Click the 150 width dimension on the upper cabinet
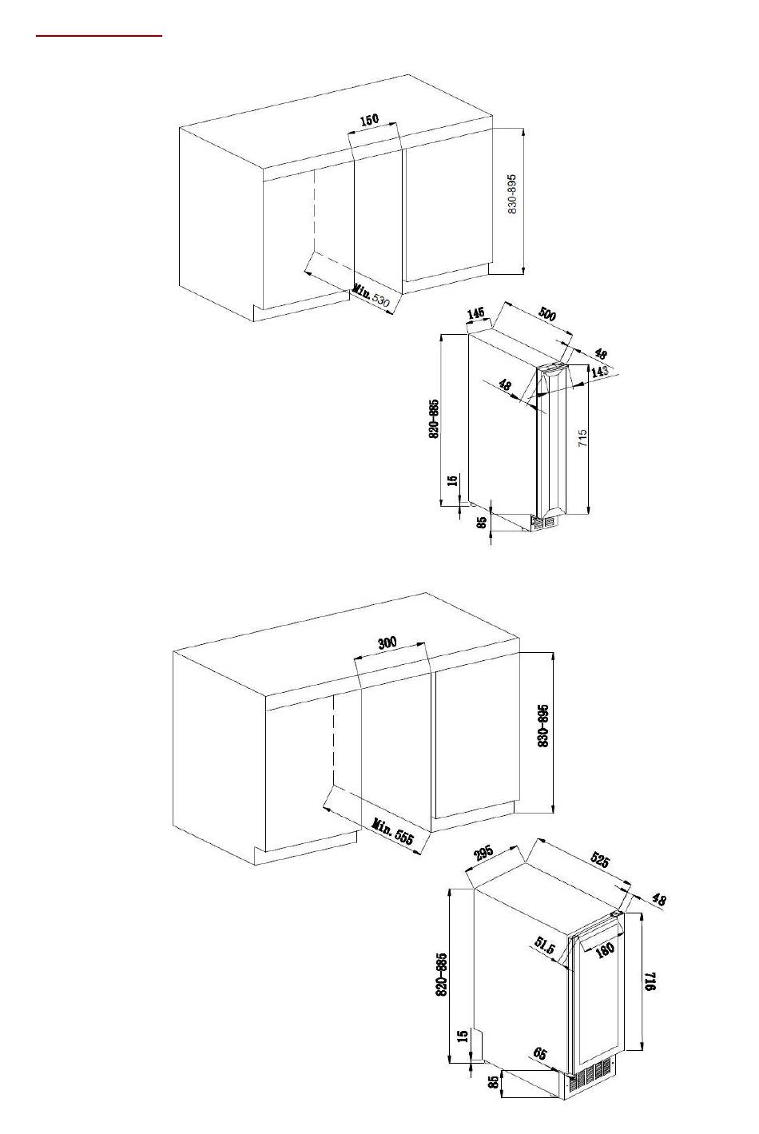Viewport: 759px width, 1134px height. (369, 120)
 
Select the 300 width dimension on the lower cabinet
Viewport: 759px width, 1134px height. (387, 643)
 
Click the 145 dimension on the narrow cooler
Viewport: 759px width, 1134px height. (475, 313)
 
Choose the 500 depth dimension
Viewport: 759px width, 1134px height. (546, 314)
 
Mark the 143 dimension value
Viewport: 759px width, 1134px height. (599, 371)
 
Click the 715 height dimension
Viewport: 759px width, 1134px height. (583, 438)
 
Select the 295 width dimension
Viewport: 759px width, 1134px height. (483, 853)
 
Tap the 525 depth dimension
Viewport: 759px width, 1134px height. (599, 860)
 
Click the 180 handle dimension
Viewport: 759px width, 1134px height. (605, 948)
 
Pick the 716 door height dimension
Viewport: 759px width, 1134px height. (650, 981)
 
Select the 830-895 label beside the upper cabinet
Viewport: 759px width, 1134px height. (512, 194)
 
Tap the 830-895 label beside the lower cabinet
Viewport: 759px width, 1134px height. (543, 726)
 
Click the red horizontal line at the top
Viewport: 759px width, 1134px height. (99, 36)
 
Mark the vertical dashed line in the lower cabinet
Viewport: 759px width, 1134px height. (333, 740)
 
